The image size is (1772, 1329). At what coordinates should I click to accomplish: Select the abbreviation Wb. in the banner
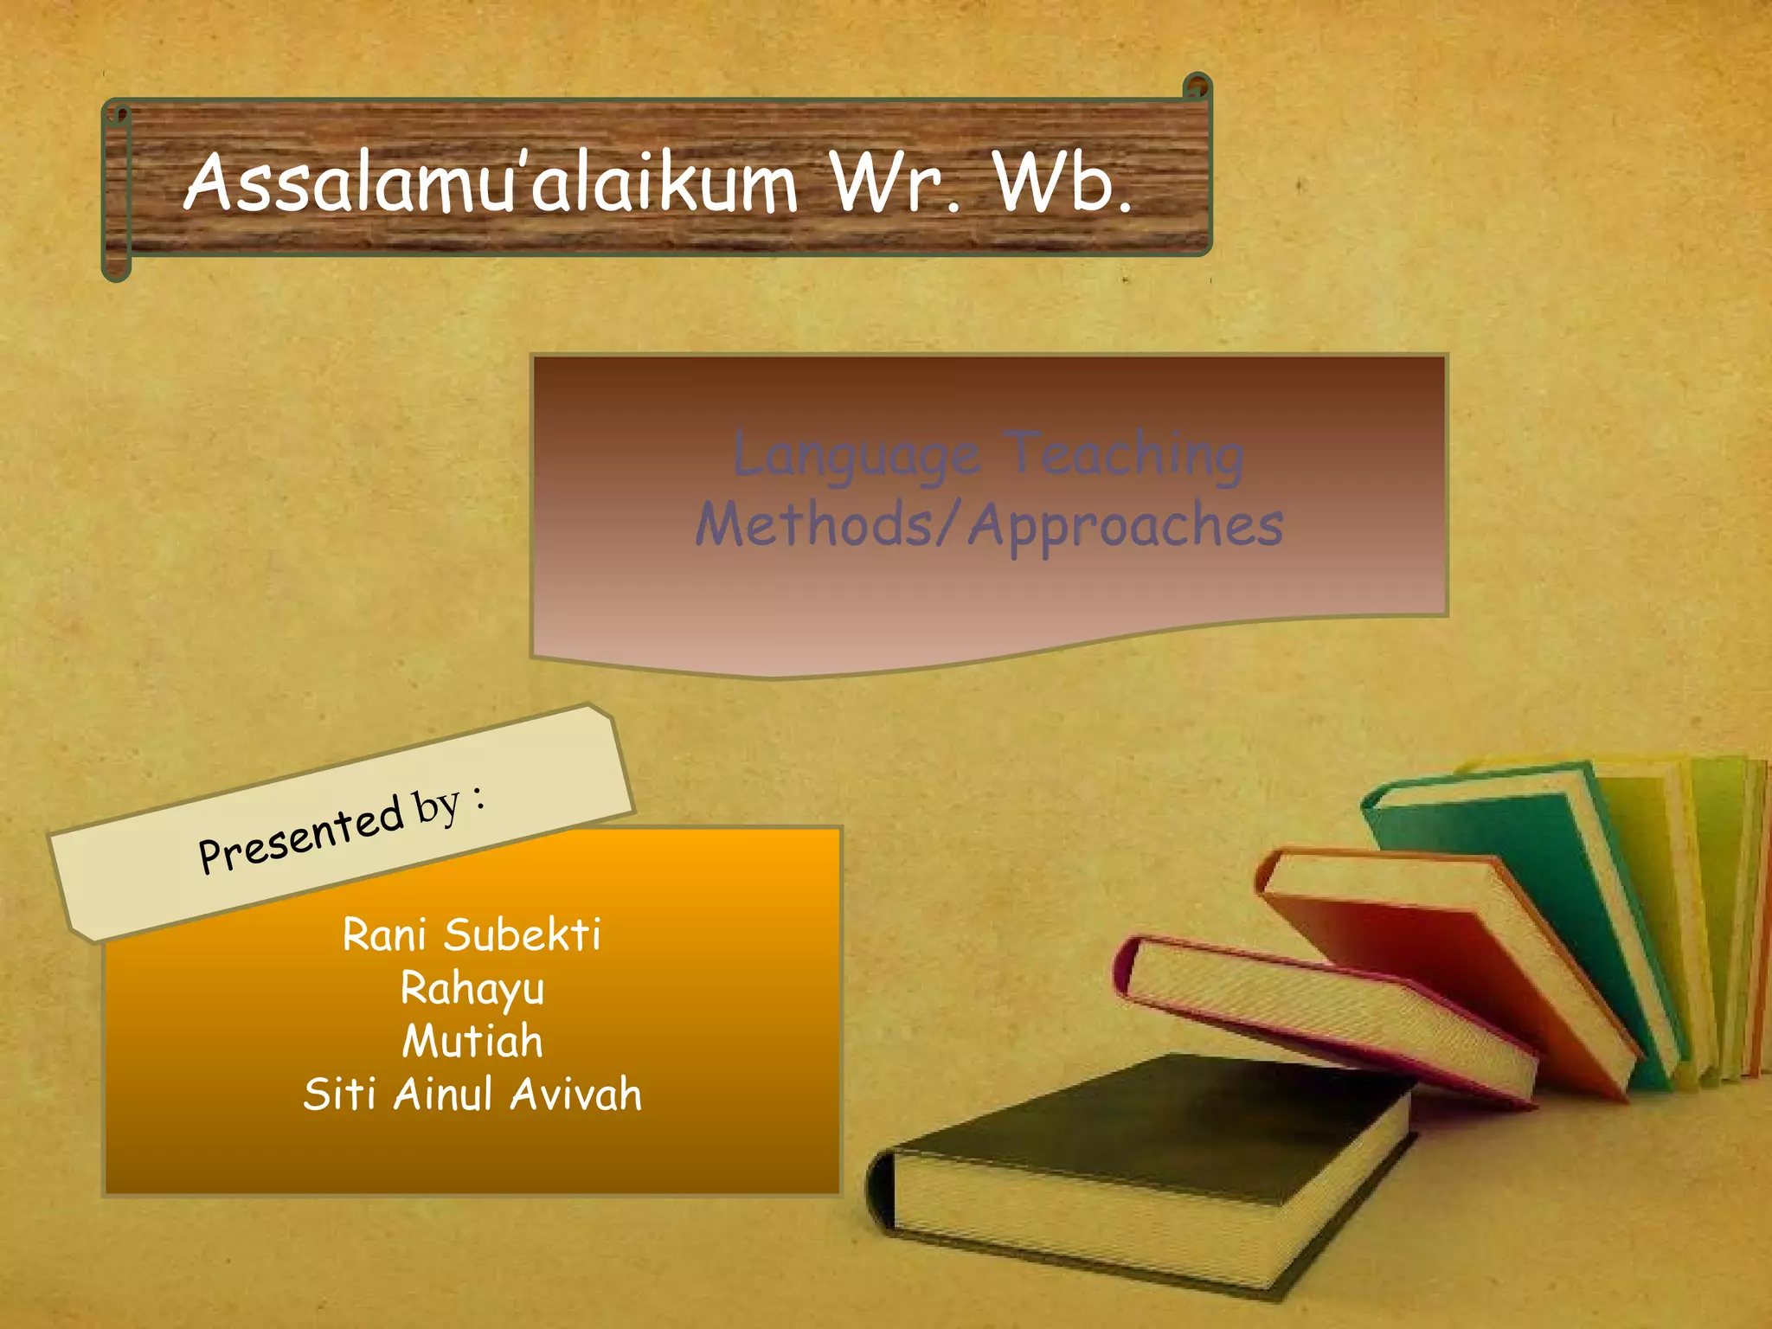point(1063,183)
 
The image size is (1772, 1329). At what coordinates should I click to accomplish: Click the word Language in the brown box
point(857,457)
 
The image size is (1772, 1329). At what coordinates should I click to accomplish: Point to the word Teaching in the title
point(1127,455)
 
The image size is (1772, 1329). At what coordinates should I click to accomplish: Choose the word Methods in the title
point(813,524)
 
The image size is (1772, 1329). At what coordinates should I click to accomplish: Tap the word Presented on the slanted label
point(301,836)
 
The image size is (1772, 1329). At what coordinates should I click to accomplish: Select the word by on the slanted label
point(436,806)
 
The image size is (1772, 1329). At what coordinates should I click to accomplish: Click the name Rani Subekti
point(472,935)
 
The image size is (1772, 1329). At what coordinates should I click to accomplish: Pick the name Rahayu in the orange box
point(472,989)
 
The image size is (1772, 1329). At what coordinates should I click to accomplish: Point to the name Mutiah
point(472,1041)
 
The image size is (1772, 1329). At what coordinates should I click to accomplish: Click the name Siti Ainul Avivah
point(472,1095)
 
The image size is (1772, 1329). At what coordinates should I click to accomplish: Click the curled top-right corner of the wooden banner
point(1197,87)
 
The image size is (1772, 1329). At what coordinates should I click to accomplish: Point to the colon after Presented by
point(478,796)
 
